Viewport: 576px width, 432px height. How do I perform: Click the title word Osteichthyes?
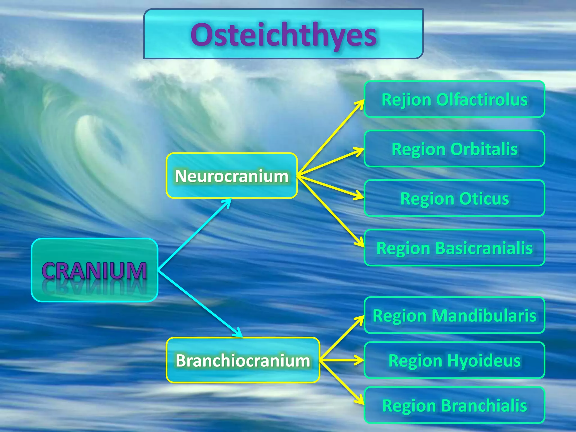coord(283,35)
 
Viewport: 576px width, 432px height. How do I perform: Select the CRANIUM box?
coord(94,270)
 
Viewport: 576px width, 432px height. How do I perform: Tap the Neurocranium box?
coord(231,176)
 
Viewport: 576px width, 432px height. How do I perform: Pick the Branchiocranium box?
coord(243,360)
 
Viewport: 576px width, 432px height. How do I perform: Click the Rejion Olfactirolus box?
coord(454,99)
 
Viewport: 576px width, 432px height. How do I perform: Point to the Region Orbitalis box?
coord(454,149)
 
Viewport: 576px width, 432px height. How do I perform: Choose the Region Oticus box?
coord(454,198)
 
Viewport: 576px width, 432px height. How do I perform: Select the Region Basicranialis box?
coord(454,248)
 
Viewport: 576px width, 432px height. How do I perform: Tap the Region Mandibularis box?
coord(454,315)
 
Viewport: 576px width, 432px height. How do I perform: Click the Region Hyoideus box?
coord(454,360)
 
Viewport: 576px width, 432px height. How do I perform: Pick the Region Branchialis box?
coord(454,405)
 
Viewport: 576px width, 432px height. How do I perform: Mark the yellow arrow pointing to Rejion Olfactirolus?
coord(331,138)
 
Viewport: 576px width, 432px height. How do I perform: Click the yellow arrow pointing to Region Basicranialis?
coord(331,211)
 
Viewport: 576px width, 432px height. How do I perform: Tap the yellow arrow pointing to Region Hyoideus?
coord(342,360)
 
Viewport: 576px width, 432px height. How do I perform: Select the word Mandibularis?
coord(484,315)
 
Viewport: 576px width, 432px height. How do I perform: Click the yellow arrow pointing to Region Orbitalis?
coord(331,162)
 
